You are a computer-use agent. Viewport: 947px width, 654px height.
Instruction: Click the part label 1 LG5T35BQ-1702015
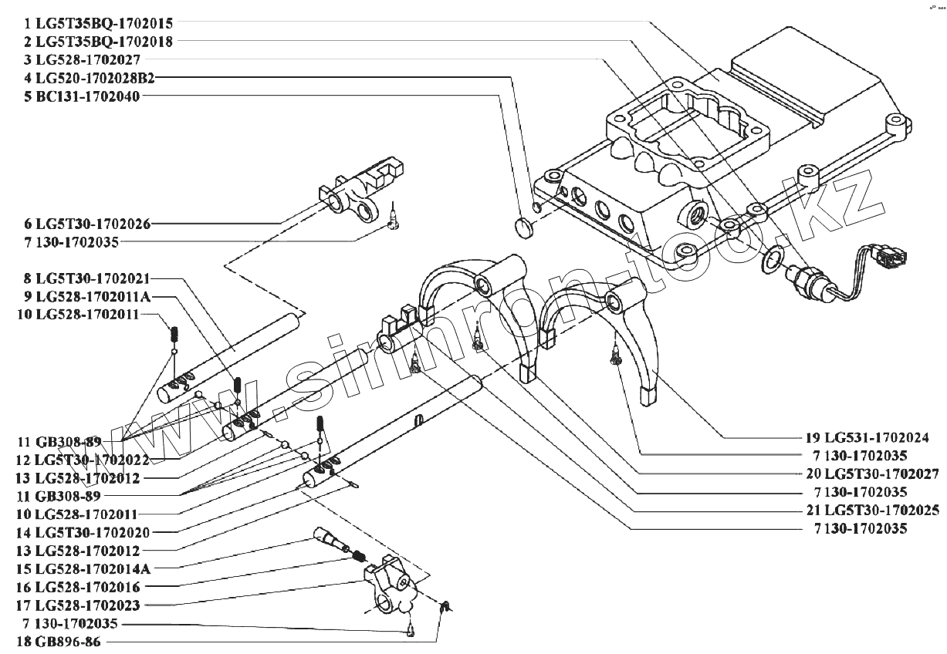(x=98, y=24)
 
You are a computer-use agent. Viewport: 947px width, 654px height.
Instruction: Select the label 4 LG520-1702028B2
(x=90, y=78)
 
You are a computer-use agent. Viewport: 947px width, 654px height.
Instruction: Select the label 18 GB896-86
(x=62, y=642)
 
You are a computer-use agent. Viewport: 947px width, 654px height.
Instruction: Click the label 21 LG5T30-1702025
(x=861, y=510)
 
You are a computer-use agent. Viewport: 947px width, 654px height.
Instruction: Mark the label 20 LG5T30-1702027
(x=861, y=473)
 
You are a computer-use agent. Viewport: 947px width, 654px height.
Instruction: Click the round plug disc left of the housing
(x=524, y=226)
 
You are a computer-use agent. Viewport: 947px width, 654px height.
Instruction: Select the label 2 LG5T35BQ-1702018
(x=98, y=42)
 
